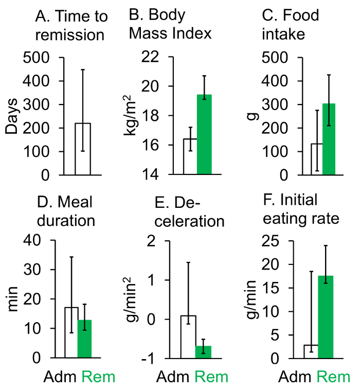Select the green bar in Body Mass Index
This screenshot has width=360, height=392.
pos(204,135)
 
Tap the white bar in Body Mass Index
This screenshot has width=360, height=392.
pos(190,157)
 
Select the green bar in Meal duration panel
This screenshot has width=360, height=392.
pos(84,338)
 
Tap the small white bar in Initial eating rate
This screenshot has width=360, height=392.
pos(311,351)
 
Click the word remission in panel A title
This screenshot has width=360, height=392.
pos(71,36)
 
